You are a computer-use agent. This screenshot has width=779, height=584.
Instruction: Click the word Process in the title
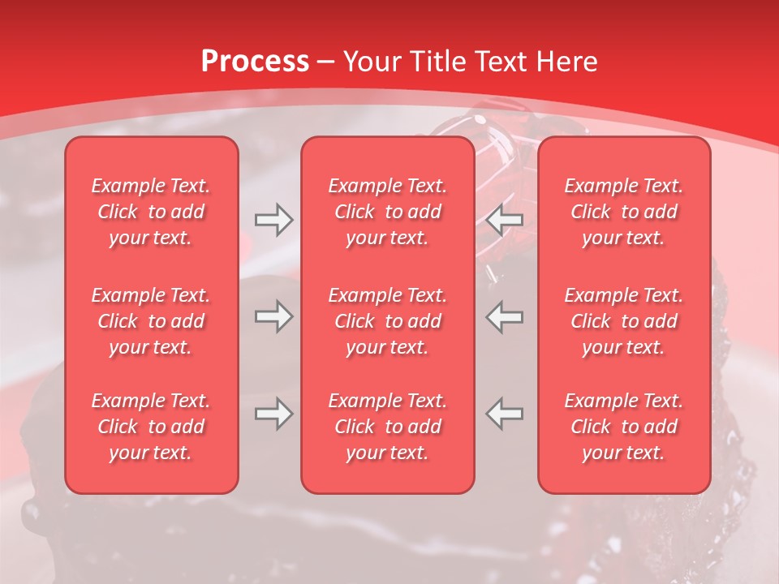[255, 62]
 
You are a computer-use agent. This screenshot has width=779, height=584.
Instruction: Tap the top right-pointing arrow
[273, 219]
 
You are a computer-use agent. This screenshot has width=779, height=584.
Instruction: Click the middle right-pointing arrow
[273, 316]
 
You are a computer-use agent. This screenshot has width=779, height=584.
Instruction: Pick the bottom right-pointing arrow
[273, 414]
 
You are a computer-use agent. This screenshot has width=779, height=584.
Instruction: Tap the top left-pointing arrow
[505, 219]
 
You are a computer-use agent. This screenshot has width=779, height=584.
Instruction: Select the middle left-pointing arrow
[505, 316]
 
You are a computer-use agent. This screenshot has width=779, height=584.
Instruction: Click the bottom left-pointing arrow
[505, 414]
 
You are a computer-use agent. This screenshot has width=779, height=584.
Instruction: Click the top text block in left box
[151, 212]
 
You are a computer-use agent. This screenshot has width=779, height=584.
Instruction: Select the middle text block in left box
[151, 321]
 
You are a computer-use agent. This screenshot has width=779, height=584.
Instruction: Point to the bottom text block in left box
[151, 427]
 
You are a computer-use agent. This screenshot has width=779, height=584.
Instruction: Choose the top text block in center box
[387, 212]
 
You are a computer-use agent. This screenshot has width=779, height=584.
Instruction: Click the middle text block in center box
[387, 321]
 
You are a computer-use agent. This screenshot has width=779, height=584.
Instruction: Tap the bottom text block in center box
[387, 427]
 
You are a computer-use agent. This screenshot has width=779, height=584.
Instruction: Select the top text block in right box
[623, 212]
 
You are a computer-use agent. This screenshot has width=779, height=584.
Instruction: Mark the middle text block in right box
[623, 321]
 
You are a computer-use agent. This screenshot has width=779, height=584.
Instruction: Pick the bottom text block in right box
[623, 427]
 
